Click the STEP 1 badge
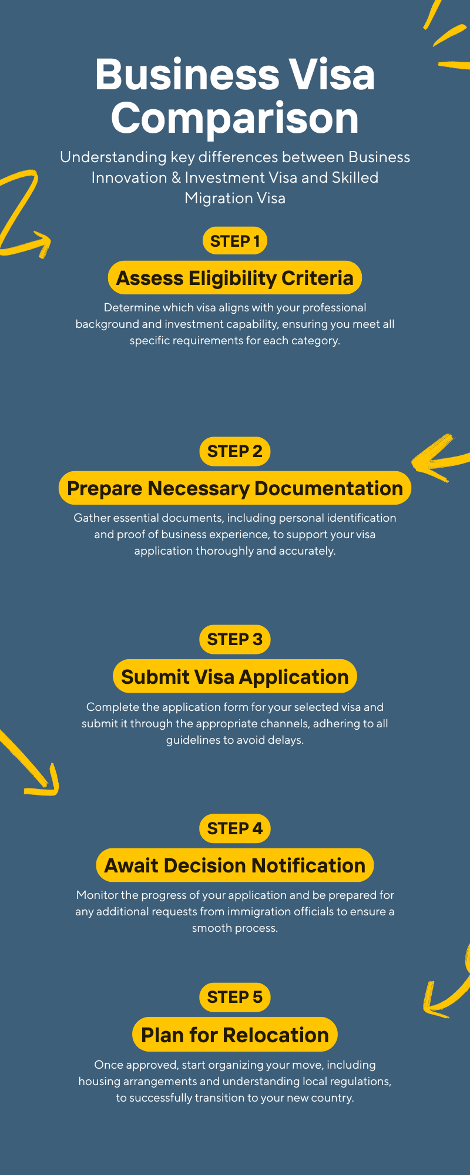pyautogui.click(x=235, y=241)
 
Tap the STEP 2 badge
pyautogui.click(x=235, y=451)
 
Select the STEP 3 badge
pyautogui.click(x=235, y=639)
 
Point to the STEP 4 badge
pyautogui.click(x=235, y=828)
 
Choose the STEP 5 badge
pyautogui.click(x=235, y=997)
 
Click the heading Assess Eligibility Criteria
pyautogui.click(x=235, y=278)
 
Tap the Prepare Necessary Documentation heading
pyautogui.click(x=235, y=488)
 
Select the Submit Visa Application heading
pyautogui.click(x=235, y=677)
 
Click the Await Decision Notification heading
pyautogui.click(x=235, y=865)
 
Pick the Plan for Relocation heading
pyautogui.click(x=235, y=1035)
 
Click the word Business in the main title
pyautogui.click(x=187, y=75)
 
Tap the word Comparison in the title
pyautogui.click(x=235, y=118)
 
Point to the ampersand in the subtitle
pyautogui.click(x=176, y=177)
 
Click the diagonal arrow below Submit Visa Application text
pyautogui.click(x=32, y=764)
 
